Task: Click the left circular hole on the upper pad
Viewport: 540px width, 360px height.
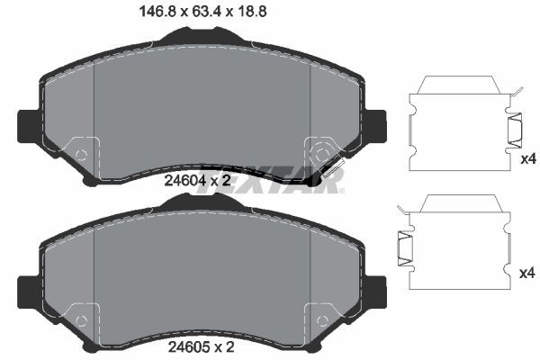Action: coord(81,154)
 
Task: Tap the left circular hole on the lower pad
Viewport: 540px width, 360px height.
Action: coord(81,318)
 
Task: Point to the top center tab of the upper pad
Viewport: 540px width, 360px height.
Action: coord(202,36)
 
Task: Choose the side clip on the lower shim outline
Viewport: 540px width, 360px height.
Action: coord(404,245)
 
